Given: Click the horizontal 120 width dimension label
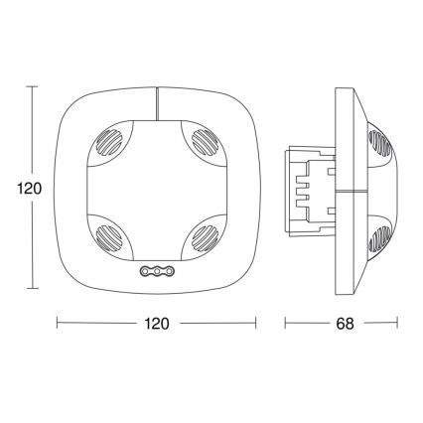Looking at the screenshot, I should [x=156, y=325].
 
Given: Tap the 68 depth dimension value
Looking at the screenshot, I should [x=343, y=325].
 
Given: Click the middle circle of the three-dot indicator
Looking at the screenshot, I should [x=156, y=270].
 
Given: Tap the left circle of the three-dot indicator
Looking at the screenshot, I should [x=145, y=270].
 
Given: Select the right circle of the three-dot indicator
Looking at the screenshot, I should [x=168, y=270].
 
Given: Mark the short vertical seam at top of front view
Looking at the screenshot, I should [x=156, y=100].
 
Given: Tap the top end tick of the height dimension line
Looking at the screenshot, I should [x=36, y=86].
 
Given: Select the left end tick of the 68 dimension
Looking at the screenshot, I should [x=287, y=325].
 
